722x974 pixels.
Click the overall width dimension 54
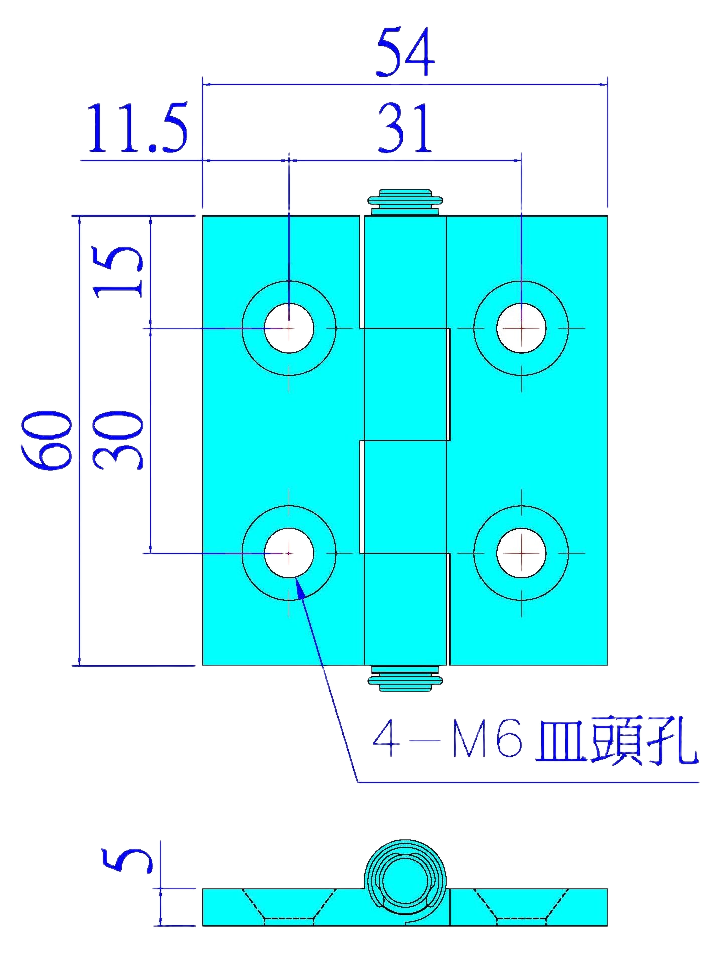click(405, 52)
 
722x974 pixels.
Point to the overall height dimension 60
click(46, 440)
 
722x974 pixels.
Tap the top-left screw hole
click(289, 328)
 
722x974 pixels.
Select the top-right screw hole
click(521, 328)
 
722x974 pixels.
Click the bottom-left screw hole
click(289, 553)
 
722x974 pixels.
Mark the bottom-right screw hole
click(521, 553)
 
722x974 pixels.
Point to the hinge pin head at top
click(405, 202)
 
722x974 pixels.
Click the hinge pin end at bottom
click(405, 679)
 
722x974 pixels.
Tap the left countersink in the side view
click(289, 907)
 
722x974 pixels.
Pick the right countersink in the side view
click(521, 907)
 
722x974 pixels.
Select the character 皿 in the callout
click(562, 741)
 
